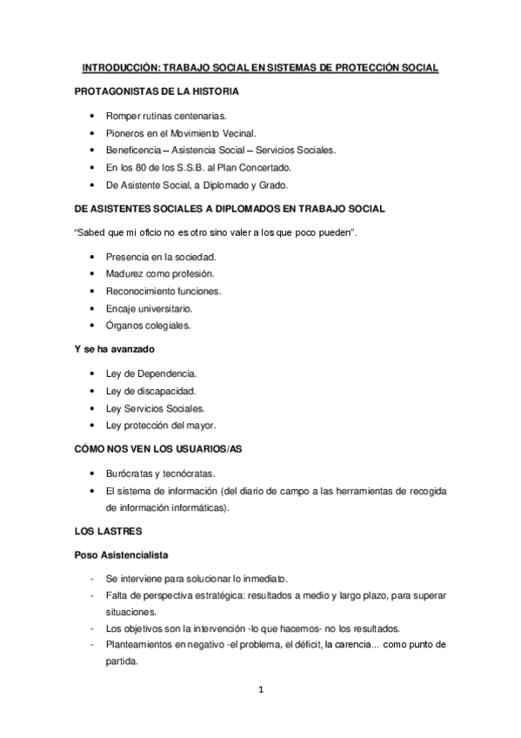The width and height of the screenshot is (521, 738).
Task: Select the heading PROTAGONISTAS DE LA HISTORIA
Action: pos(157,91)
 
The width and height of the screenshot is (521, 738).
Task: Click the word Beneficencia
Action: pos(136,150)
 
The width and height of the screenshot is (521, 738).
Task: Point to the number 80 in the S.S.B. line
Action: pos(150,167)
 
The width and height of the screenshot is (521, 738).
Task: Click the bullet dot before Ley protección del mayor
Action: pos(93,425)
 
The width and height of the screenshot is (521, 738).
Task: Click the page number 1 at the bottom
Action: pos(260,692)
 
